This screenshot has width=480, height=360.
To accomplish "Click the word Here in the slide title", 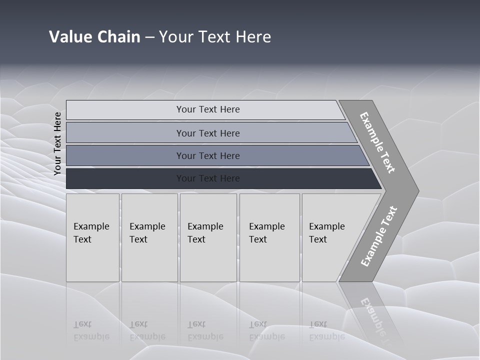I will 253,37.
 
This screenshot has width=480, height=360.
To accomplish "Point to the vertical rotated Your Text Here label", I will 57,143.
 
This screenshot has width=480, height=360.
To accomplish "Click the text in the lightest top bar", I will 208,109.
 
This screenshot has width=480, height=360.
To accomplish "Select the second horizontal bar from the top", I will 208,133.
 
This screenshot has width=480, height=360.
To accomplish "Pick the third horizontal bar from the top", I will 208,156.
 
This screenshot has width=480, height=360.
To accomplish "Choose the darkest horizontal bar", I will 208,178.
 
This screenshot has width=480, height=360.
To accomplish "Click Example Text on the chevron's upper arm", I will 377,142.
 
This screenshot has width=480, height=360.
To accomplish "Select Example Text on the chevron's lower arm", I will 379,236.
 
